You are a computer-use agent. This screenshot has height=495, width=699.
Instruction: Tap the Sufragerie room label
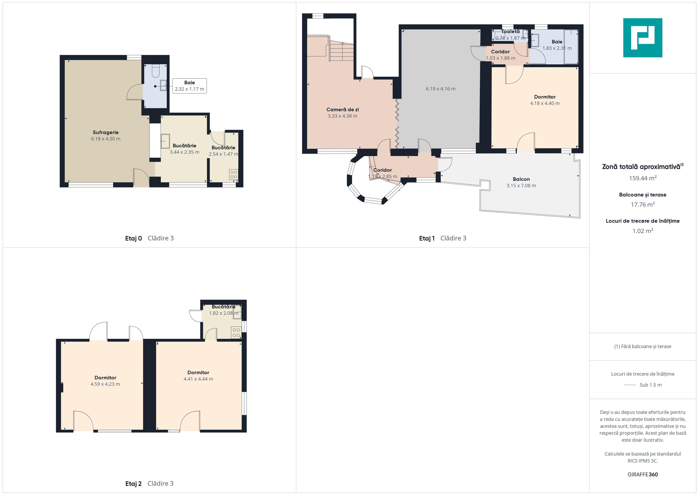pyautogui.click(x=106, y=132)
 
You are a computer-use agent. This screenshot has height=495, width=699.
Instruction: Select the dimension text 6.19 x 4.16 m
pyautogui.click(x=440, y=89)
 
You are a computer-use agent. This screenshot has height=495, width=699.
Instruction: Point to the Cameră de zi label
pyautogui.click(x=343, y=109)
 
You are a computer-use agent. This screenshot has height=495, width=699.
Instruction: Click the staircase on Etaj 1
pyautogui.click(x=342, y=51)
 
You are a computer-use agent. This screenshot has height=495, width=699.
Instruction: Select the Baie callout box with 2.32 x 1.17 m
pyautogui.click(x=189, y=86)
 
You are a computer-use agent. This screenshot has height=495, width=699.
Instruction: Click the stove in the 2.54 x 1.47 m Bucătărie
pyautogui.click(x=234, y=174)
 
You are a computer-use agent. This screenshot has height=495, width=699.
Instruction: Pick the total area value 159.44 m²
pyautogui.click(x=643, y=178)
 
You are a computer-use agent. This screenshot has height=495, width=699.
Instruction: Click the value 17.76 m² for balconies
pyautogui.click(x=643, y=204)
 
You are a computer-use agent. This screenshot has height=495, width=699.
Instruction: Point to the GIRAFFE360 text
pyautogui.click(x=643, y=474)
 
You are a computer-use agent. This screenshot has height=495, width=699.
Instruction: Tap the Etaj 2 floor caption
pyautogui.click(x=133, y=483)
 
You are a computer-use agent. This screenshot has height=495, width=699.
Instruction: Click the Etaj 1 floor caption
pyautogui.click(x=427, y=238)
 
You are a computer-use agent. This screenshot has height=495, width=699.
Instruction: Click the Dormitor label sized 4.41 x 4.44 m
pyautogui.click(x=198, y=372)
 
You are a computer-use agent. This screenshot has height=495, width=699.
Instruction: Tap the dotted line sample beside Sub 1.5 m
pyautogui.click(x=630, y=385)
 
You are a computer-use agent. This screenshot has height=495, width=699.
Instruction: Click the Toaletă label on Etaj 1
pyautogui.click(x=511, y=31)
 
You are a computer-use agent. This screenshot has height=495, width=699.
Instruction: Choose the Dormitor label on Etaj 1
pyautogui.click(x=545, y=97)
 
